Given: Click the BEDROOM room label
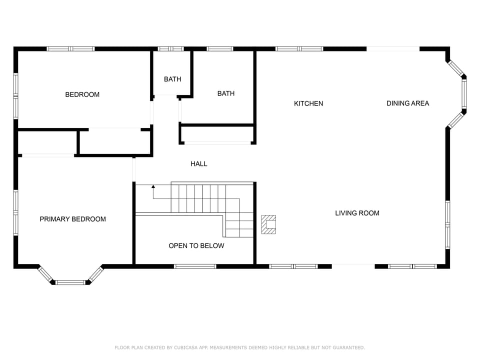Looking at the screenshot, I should click(x=82, y=94).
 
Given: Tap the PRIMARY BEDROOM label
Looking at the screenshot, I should click(x=72, y=219).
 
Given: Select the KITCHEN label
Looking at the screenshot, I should click(x=308, y=103).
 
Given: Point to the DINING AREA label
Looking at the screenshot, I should click(x=407, y=103).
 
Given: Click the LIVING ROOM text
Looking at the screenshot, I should click(x=357, y=213).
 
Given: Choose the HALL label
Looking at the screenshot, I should click(x=198, y=163).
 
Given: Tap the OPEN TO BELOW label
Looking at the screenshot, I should click(x=196, y=245).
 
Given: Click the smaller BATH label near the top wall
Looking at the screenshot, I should click(x=172, y=79).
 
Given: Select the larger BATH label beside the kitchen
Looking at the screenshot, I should click(x=225, y=93).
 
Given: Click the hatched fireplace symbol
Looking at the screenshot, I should click(x=268, y=224).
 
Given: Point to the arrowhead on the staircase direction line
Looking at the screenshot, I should click(x=153, y=186).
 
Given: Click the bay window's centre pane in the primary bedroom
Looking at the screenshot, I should click(x=70, y=282).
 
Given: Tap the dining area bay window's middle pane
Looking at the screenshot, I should click(x=464, y=94).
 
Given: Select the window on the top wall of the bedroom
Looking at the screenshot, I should click(x=70, y=49).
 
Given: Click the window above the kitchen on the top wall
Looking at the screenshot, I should click(x=299, y=49).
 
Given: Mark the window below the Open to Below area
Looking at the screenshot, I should click(x=195, y=266).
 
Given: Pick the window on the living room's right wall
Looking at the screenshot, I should click(x=447, y=224).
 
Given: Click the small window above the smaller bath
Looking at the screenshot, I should click(x=171, y=49).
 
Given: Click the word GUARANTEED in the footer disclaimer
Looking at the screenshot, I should click(x=348, y=347).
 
